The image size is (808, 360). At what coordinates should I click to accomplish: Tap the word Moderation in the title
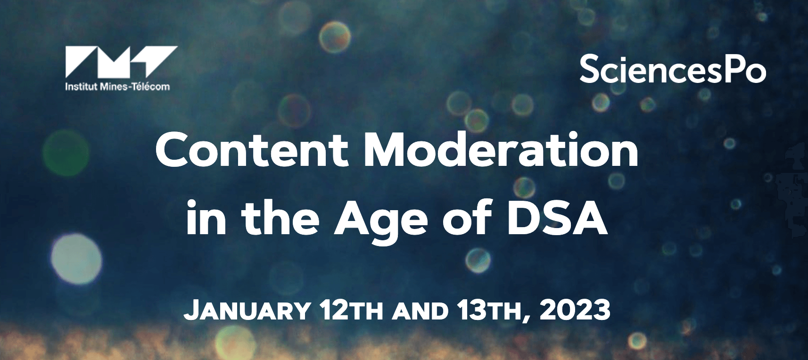coord(501,149)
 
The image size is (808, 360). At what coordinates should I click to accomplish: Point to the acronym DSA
coord(556,217)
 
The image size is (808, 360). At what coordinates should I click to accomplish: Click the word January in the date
coord(247,311)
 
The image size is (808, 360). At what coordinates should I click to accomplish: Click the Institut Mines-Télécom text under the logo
coord(117,87)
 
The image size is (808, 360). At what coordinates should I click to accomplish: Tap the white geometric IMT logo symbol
coord(121,61)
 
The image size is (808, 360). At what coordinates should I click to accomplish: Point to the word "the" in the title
coord(281,217)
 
